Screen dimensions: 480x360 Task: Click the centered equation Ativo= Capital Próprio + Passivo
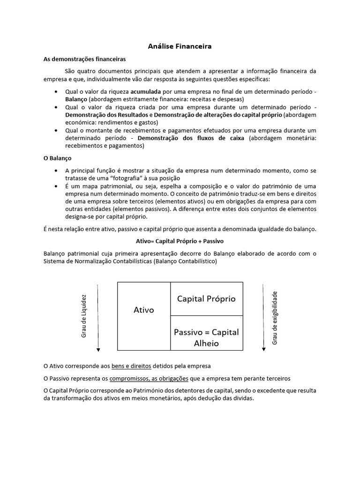(180, 241)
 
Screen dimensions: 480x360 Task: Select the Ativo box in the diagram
(144, 310)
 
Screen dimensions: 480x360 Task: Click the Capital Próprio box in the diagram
(206, 299)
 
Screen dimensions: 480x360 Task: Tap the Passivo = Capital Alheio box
(206, 337)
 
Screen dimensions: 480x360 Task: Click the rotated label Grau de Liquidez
(84, 316)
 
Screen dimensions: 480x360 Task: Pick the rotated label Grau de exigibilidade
(275, 318)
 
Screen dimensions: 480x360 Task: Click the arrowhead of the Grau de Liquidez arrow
(98, 349)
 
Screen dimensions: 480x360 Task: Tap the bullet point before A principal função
(57, 171)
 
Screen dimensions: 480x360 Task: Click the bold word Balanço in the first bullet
(76, 99)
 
